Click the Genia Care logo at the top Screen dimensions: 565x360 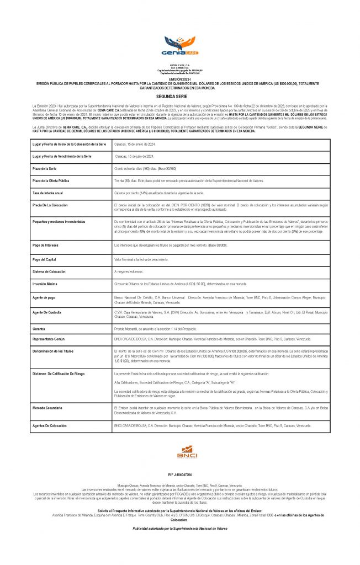[x=179, y=46]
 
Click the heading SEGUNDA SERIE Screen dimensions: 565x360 [x=179, y=95]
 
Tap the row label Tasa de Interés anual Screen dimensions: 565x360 [x=48, y=193]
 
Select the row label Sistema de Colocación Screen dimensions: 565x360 [x=50, y=272]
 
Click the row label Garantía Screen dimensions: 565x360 [x=40, y=328]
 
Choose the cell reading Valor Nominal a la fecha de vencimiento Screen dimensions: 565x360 [x=140, y=259]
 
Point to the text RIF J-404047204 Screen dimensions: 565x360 [x=179, y=475]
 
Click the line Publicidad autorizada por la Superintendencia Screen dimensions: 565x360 [x=179, y=528]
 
